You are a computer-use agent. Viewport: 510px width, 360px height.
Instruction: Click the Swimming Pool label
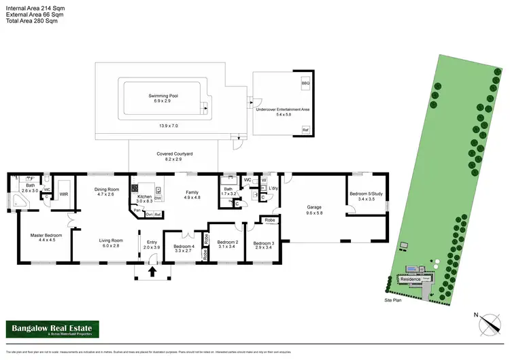163,96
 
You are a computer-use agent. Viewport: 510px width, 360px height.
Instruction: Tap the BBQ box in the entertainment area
305,83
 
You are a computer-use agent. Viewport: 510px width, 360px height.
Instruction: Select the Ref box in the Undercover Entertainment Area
305,129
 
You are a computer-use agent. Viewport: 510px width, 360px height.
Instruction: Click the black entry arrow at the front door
152,272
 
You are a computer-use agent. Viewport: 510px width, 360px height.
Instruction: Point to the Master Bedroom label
47,236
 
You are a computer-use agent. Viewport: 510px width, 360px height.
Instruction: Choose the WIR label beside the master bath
64,194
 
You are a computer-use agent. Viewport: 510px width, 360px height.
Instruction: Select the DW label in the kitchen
158,198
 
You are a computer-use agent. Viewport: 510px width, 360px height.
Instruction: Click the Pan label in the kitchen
137,211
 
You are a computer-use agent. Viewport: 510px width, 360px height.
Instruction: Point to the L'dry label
274,187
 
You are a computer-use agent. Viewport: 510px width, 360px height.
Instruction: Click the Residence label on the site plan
410,279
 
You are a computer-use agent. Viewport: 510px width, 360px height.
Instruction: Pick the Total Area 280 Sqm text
32,20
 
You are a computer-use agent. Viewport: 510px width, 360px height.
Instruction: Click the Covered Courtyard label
175,154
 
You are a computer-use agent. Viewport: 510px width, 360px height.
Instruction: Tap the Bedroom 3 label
264,243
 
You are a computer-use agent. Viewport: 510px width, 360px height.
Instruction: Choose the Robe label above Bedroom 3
270,221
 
